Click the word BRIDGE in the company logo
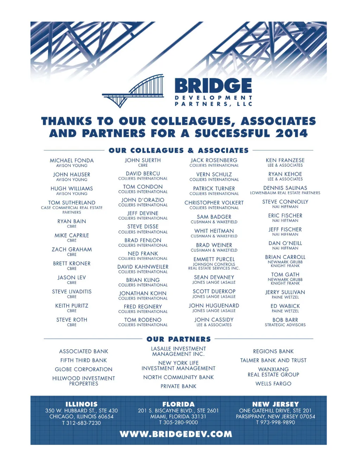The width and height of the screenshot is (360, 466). click(213, 86)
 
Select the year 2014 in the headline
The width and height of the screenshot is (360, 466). click(291, 133)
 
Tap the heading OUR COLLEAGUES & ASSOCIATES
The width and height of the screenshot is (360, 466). click(179, 151)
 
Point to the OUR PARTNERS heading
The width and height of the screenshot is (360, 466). click(179, 339)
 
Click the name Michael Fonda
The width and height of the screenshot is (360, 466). click(72, 160)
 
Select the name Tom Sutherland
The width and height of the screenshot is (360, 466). click(72, 203)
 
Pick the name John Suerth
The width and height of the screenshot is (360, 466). click(143, 160)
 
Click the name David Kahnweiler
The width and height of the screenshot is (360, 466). click(143, 267)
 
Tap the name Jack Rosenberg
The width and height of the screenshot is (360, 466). click(214, 160)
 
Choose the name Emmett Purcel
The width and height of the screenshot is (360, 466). click(214, 259)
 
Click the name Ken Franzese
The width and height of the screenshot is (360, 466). click(285, 160)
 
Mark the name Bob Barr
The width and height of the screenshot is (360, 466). click(285, 320)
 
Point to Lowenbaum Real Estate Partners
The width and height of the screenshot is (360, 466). click(285, 193)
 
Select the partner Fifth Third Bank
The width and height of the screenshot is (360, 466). click(84, 360)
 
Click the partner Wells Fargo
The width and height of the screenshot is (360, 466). click(273, 383)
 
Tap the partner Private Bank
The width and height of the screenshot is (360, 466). click(179, 386)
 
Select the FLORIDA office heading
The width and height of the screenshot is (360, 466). click(178, 404)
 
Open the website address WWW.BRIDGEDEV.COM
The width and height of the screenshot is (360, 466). click(176, 434)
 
